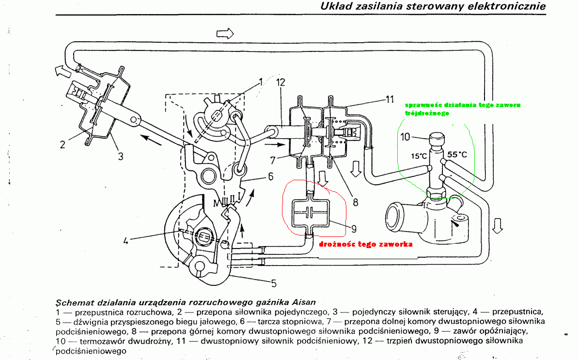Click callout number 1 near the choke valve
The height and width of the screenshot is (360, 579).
[261, 82]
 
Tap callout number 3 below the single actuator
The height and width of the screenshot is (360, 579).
[120, 156]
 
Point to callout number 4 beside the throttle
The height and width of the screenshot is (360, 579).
[126, 240]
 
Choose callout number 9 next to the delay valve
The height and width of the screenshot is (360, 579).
[354, 227]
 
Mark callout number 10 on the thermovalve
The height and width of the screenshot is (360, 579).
[407, 137]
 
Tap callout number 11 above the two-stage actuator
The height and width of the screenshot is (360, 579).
[391, 99]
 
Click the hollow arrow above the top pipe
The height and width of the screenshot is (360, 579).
[225, 33]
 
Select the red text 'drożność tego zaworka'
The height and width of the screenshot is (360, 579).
[366, 244]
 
